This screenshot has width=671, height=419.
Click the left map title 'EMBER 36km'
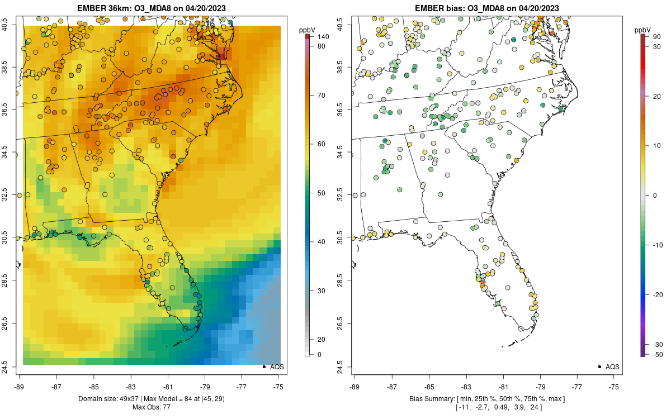pyautogui.click(x=103, y=8)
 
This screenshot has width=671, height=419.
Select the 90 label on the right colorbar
pyautogui.click(x=657, y=36)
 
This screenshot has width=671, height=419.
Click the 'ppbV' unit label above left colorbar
pyautogui.click(x=307, y=29)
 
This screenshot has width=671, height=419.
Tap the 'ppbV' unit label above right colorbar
pyautogui.click(x=642, y=29)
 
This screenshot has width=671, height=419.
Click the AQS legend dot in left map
pyautogui.click(x=263, y=366)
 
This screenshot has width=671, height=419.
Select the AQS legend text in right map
pyautogui.click(x=612, y=366)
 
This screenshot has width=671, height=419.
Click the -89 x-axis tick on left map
pyautogui.click(x=19, y=386)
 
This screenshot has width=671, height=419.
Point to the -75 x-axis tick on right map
pyautogui.click(x=614, y=386)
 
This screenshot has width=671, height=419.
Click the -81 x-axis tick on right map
pyautogui.click(x=503, y=386)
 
